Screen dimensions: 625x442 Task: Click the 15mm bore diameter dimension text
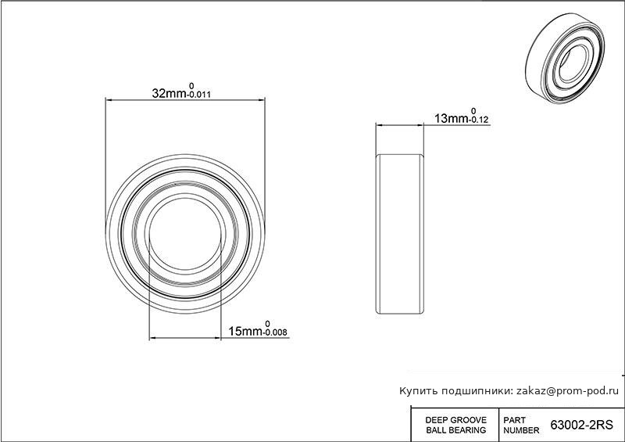tap(245, 332)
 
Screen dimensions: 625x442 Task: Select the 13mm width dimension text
tap(452, 119)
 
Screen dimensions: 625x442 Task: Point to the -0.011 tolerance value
tap(199, 95)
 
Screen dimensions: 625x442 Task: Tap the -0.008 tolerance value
tap(275, 332)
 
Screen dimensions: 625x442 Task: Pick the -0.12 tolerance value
tap(479, 120)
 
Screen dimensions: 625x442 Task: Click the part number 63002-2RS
tap(581, 425)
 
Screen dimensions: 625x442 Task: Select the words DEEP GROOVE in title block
tap(456, 420)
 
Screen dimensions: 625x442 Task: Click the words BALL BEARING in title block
tap(456, 430)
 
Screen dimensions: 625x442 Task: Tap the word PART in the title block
tap(515, 420)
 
